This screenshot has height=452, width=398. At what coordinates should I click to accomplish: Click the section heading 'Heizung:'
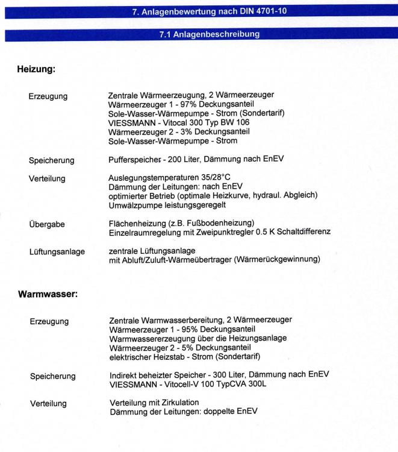[37, 70]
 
